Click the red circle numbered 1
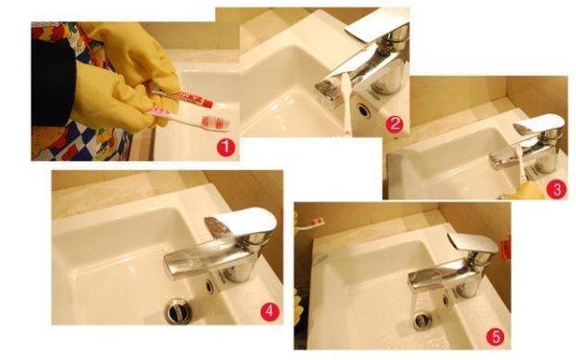tap(226, 147)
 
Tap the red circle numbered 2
tap(395, 124)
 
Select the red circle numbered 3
tap(556, 189)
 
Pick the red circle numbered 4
tap(270, 311)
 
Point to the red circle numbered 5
tap(495, 337)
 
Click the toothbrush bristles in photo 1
tap(216, 122)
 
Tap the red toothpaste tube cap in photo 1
tap(207, 104)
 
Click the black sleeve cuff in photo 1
tap(54, 83)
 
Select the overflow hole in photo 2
tap(363, 109)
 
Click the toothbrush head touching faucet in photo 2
tap(345, 84)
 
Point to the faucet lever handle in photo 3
tap(540, 125)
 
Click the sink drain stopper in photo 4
tap(179, 312)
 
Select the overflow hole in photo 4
tap(209, 286)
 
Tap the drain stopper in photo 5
tap(421, 321)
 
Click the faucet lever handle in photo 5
tap(474, 242)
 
